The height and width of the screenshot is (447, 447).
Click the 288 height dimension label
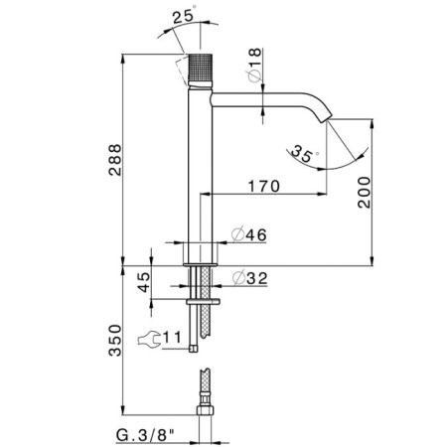[x=115, y=160]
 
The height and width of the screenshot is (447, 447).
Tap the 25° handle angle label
[x=185, y=15]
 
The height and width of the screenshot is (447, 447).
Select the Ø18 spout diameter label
[x=254, y=66]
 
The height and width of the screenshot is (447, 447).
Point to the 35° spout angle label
[x=303, y=154]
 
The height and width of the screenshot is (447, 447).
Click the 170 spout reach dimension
[x=264, y=187]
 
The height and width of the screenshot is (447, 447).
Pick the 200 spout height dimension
[x=365, y=193]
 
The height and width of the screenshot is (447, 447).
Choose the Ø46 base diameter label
[x=249, y=235]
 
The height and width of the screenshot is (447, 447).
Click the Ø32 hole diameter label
[x=249, y=278]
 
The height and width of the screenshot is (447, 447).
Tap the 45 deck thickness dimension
[x=144, y=282]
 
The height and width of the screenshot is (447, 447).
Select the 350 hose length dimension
[x=115, y=341]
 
